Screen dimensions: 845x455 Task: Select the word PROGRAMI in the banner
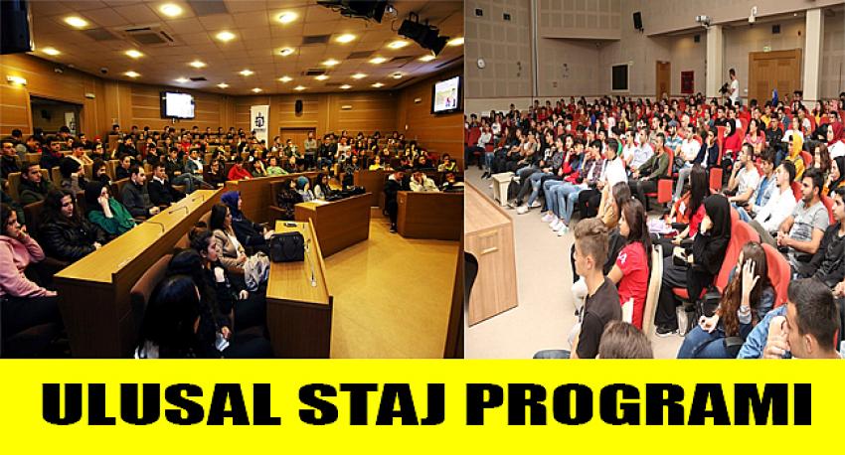click(x=638, y=404)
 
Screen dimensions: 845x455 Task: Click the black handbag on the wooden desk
click(x=286, y=247)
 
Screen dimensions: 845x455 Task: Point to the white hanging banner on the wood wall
click(x=259, y=125)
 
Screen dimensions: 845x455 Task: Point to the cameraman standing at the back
click(x=732, y=86)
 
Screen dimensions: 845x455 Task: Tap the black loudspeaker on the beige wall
click(x=637, y=21)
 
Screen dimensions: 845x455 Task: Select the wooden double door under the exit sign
click(x=774, y=75)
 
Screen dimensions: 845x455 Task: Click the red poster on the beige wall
click(x=687, y=82)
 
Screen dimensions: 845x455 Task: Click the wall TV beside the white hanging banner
click(x=178, y=104)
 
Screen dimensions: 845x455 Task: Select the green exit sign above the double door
click(x=767, y=48)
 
